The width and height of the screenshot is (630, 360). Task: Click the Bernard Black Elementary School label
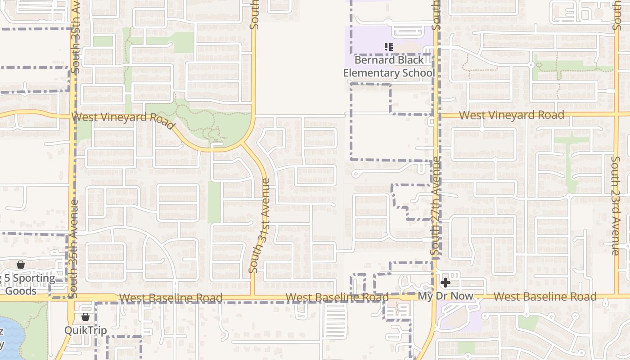(389, 67)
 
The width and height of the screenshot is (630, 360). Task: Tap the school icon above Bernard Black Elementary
(389, 46)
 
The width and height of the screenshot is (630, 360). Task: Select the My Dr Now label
(445, 296)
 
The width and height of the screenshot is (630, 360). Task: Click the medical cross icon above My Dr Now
(445, 283)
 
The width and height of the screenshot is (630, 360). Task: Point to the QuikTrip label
(85, 330)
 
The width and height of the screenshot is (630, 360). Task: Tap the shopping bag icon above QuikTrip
(85, 317)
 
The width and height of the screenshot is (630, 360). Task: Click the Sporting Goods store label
(27, 284)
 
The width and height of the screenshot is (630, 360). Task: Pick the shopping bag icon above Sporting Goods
(20, 264)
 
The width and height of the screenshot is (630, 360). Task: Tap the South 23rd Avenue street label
(616, 205)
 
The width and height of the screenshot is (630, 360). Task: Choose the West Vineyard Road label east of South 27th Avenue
(511, 115)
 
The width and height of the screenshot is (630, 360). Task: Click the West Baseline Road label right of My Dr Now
(545, 297)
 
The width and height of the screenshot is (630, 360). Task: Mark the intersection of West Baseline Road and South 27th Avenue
(434, 297)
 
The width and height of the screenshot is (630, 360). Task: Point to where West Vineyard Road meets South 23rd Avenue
(616, 114)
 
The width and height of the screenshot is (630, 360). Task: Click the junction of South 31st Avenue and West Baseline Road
(253, 297)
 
